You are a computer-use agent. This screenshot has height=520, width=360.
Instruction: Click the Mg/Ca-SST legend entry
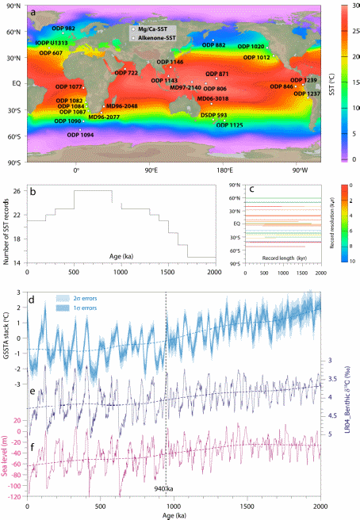(153, 28)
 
